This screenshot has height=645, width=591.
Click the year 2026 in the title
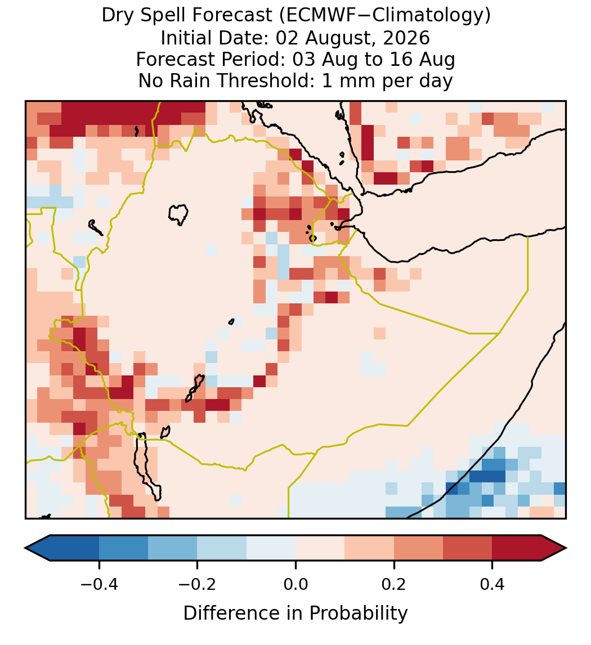click(406, 38)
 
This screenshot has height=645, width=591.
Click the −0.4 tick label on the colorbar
click(98, 584)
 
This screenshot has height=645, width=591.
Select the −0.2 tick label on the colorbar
click(197, 584)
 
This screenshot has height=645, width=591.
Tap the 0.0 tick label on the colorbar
click(295, 584)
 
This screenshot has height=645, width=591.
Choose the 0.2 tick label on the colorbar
click(394, 584)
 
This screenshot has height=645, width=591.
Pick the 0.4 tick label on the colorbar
click(492, 584)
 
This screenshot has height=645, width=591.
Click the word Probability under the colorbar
click(359, 613)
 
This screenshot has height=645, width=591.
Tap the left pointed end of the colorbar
click(25, 548)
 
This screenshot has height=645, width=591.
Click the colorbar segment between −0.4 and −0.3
click(123, 548)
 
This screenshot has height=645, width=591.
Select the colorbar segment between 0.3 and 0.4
click(468, 548)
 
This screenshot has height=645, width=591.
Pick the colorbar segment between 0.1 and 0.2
click(369, 548)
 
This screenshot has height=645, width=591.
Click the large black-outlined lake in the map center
click(178, 214)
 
